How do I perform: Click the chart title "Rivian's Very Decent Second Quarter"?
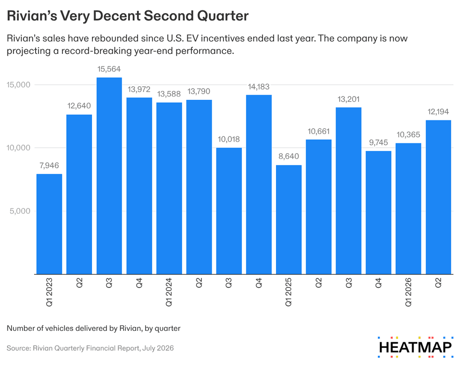point(128,16)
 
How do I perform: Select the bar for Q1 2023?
point(49,224)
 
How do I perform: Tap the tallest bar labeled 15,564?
point(109,176)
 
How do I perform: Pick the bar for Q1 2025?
point(289,220)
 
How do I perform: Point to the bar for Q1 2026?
point(408,209)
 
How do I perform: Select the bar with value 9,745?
point(378,213)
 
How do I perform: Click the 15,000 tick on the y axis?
point(18,85)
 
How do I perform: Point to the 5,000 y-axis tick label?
point(20,211)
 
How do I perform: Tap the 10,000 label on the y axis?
point(18,148)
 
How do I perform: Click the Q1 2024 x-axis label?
point(169,292)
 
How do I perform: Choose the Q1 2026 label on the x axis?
point(408,292)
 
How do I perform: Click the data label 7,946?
point(49,165)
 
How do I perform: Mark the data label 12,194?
point(438,112)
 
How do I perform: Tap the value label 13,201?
point(348,99)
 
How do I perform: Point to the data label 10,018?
point(229,139)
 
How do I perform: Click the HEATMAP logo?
point(415,347)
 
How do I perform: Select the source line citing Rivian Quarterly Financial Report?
point(90,348)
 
